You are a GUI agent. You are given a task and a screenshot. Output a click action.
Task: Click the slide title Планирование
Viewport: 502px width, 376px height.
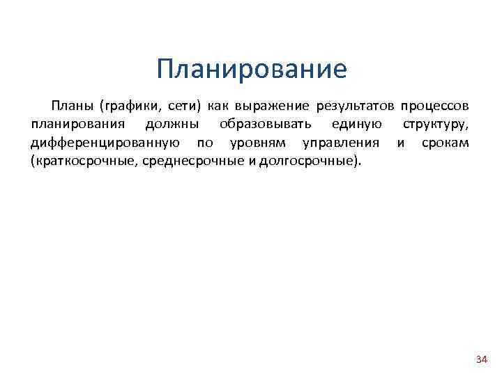click(251, 70)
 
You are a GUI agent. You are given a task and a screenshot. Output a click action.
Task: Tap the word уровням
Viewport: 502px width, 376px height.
click(248, 143)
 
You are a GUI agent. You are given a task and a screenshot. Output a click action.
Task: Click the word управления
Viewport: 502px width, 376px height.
click(340, 143)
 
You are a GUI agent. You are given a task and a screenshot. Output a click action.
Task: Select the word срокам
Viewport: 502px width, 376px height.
click(445, 143)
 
